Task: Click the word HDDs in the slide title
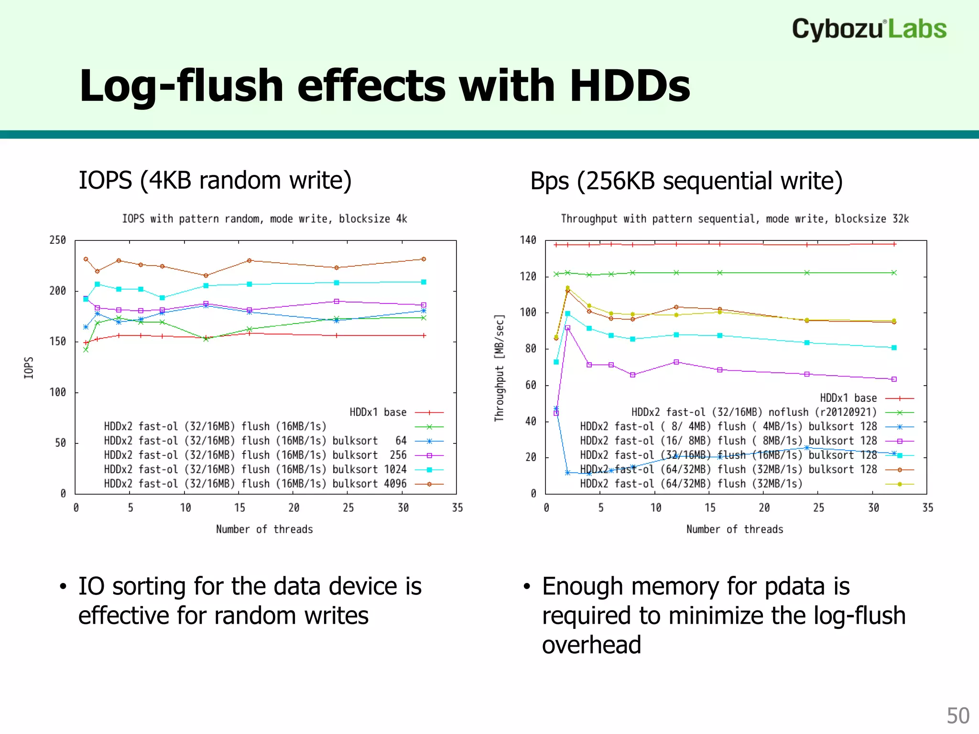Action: pos(630,86)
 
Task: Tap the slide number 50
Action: pos(957,716)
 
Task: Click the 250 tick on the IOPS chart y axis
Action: pos(58,240)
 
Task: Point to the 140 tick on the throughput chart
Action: pos(528,240)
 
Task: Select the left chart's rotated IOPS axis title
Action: pos(29,367)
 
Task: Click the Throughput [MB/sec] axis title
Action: pos(499,367)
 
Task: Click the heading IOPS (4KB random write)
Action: pos(215,181)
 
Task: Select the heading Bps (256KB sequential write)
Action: pos(686,181)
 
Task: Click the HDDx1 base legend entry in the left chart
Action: pos(378,412)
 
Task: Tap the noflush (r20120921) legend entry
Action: pos(754,412)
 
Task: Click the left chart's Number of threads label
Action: pos(264,529)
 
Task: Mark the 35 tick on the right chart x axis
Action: pos(927,507)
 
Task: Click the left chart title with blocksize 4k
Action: pos(264,219)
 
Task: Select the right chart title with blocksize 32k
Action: pos(734,219)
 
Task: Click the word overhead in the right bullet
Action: pos(591,645)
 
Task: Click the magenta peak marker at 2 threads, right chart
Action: pos(567,328)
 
